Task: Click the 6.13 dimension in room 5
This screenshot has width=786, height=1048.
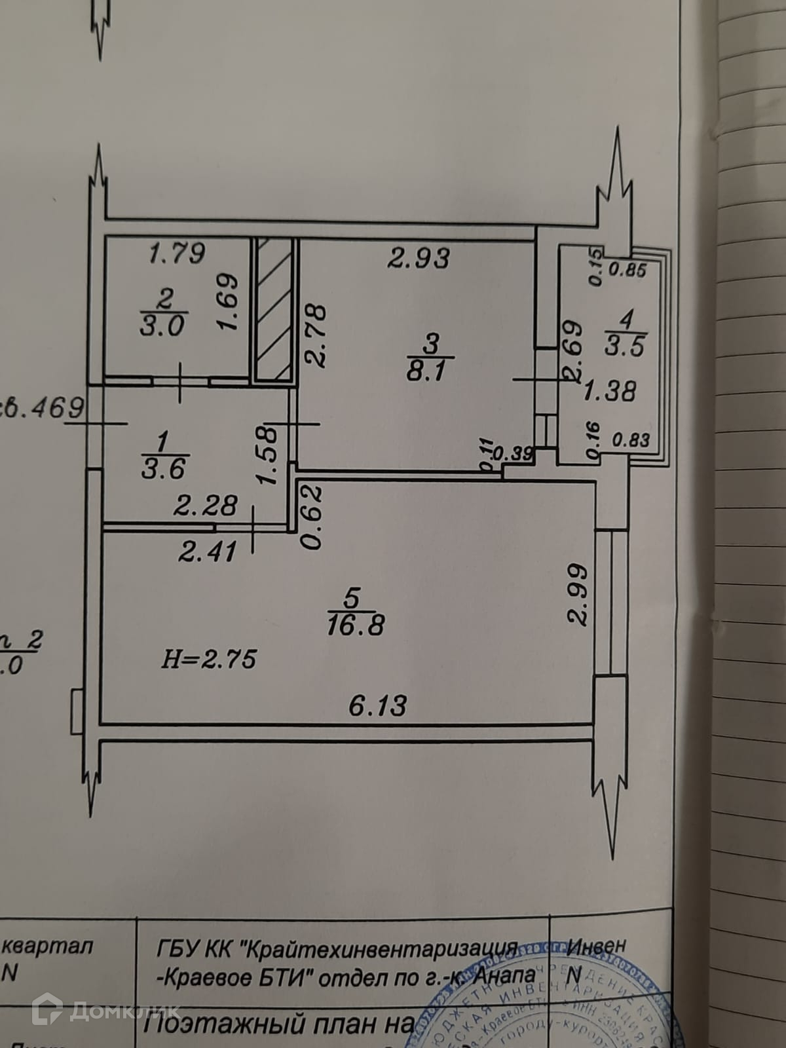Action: pyautogui.click(x=378, y=705)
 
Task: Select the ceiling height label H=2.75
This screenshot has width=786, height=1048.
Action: pyautogui.click(x=209, y=659)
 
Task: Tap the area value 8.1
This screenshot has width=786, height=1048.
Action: pyautogui.click(x=426, y=371)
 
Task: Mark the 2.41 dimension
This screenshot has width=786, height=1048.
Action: pyautogui.click(x=207, y=552)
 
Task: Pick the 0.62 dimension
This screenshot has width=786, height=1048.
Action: pyautogui.click(x=313, y=516)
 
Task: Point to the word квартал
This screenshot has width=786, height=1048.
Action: pyautogui.click(x=48, y=946)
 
